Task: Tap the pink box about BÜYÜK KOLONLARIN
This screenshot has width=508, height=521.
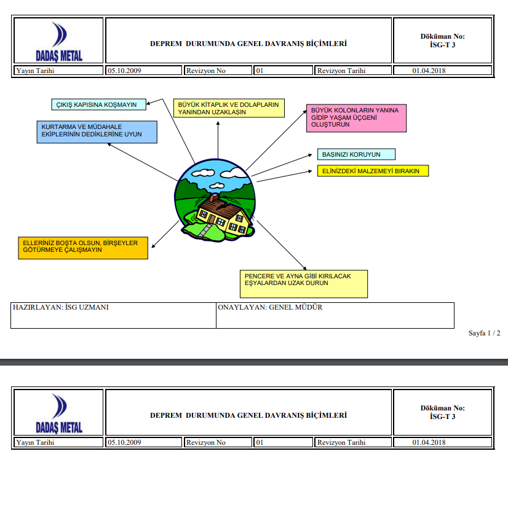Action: (357, 118)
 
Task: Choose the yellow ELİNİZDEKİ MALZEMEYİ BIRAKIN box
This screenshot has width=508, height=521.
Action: (373, 171)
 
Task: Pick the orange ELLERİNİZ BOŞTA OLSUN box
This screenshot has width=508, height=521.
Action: (83, 246)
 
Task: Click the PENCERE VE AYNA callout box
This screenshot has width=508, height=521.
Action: (304, 283)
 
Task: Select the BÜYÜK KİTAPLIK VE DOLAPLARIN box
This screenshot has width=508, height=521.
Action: (229, 109)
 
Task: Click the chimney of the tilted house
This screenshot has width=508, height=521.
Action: (213, 199)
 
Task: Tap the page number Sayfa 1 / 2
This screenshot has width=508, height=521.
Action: (484, 333)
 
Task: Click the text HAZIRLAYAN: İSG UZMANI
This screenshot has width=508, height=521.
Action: (61, 307)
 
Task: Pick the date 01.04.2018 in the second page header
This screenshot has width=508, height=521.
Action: (429, 442)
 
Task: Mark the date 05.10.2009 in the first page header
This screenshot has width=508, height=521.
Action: (125, 71)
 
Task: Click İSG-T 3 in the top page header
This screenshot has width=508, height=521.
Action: (442, 45)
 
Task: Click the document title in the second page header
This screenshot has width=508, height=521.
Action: (248, 415)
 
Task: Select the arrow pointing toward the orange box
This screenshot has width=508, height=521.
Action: (161, 235)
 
